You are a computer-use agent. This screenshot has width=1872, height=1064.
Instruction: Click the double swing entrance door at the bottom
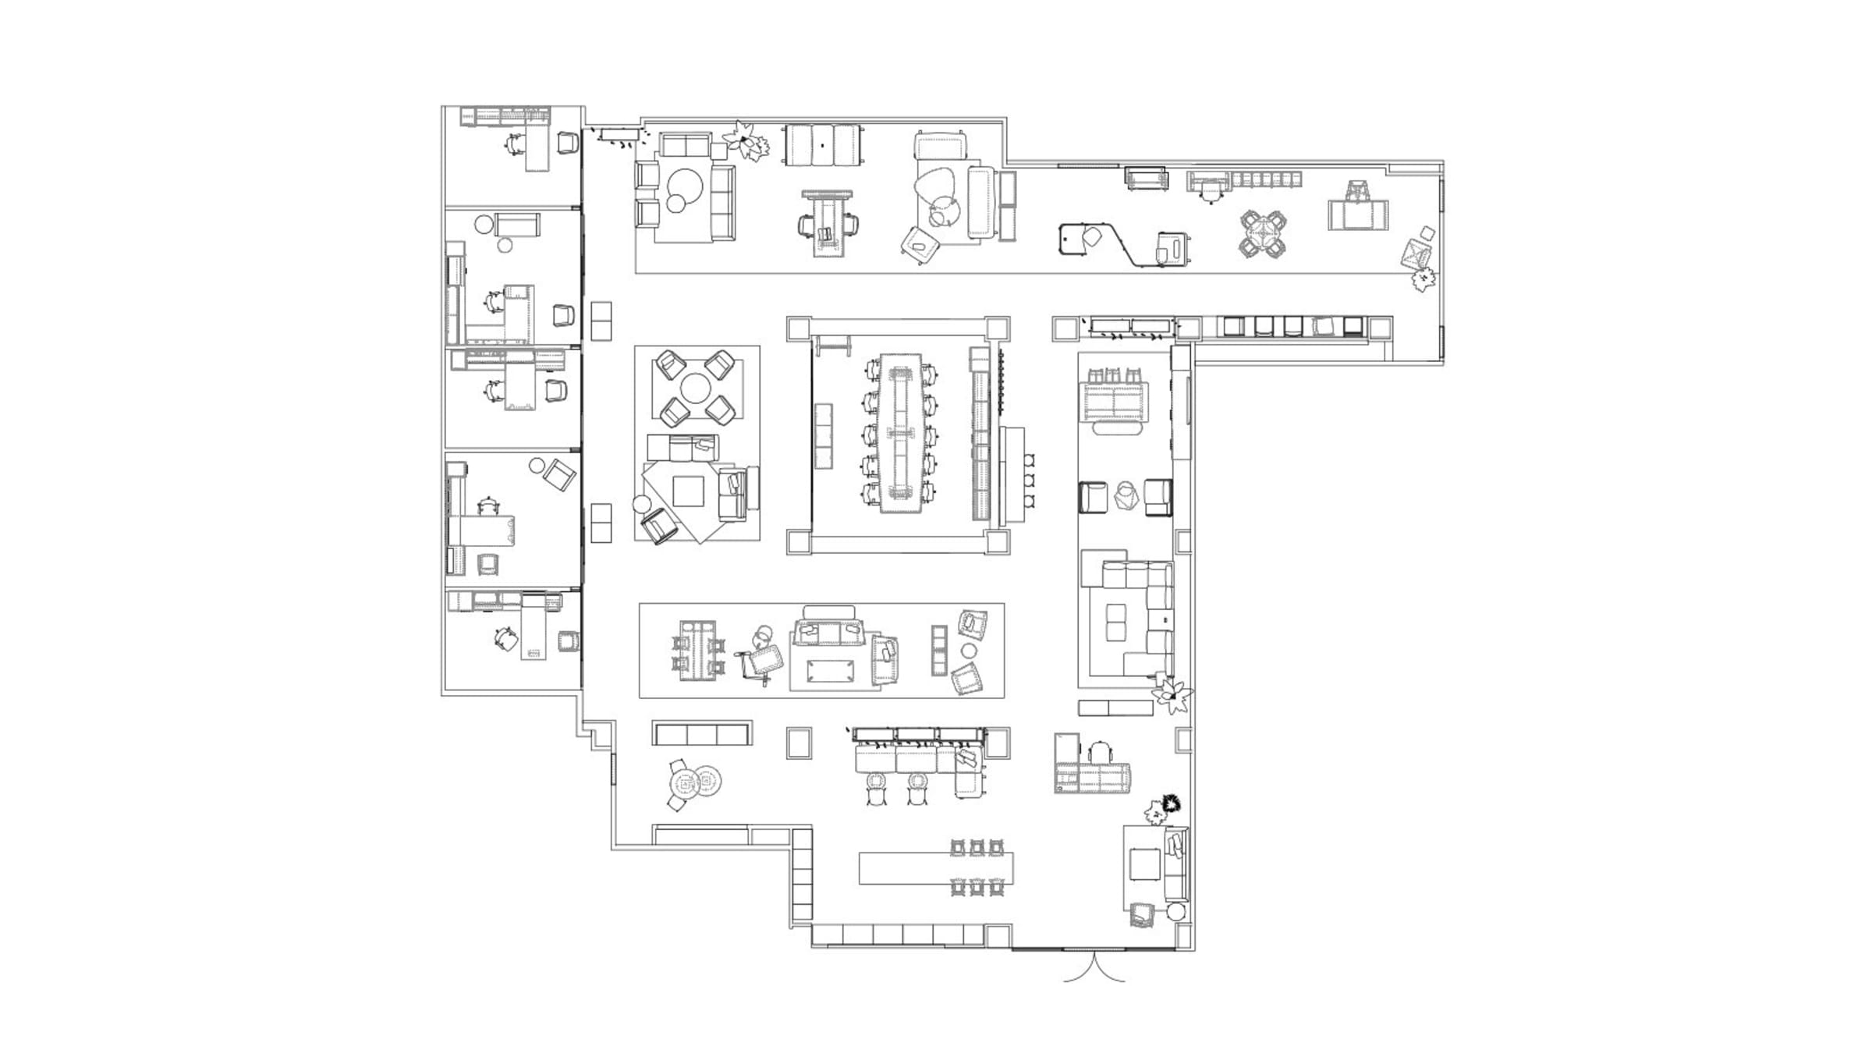point(1094,967)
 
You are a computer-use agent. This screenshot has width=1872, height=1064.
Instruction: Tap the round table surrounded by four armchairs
point(697,388)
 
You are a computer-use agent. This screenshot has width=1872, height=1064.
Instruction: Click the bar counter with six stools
point(936,868)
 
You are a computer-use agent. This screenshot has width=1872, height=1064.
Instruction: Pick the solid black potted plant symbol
point(1170,803)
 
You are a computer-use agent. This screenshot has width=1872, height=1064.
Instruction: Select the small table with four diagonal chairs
point(1263,234)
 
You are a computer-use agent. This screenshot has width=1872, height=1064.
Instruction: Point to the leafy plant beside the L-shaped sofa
point(1172,694)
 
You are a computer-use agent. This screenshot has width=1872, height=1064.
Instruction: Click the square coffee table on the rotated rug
point(689,492)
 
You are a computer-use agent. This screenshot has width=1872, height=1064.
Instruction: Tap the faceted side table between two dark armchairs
point(1126,496)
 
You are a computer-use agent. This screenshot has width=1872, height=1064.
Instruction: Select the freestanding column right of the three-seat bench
point(799,743)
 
